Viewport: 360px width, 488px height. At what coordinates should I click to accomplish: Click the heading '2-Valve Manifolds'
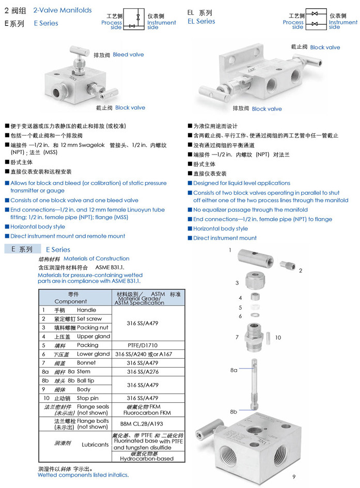tap(62, 10)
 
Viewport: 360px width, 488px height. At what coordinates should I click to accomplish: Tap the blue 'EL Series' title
tap(201, 22)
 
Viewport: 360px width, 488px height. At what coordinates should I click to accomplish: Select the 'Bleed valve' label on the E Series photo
tap(129, 54)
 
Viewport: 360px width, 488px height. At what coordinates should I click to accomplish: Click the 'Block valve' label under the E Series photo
tap(130, 108)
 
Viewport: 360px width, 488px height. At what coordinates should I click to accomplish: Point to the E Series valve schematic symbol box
tap(134, 19)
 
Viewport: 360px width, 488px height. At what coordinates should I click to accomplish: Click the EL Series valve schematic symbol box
tap(316, 19)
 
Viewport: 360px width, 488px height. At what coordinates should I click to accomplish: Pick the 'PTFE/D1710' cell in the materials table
tap(143, 345)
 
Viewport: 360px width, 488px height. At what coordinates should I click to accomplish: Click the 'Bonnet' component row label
tap(86, 363)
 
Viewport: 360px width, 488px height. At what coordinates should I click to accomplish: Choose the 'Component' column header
tap(71, 301)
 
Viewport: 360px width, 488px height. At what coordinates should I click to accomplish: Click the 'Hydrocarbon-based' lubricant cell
tap(147, 459)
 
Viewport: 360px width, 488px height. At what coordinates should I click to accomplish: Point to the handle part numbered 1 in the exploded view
tap(256, 258)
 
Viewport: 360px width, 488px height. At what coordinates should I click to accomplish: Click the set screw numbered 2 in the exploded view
tap(288, 266)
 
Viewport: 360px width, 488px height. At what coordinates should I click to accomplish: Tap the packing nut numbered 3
tap(256, 281)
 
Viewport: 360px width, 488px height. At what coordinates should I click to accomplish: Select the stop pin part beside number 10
tap(268, 339)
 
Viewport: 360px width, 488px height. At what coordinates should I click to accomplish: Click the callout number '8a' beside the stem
tap(234, 370)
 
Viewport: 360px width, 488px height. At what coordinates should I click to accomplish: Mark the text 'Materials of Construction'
tap(97, 258)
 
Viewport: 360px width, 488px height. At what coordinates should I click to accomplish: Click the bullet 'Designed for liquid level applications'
tap(242, 184)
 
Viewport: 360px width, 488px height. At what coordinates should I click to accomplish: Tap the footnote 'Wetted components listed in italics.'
tap(83, 475)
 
